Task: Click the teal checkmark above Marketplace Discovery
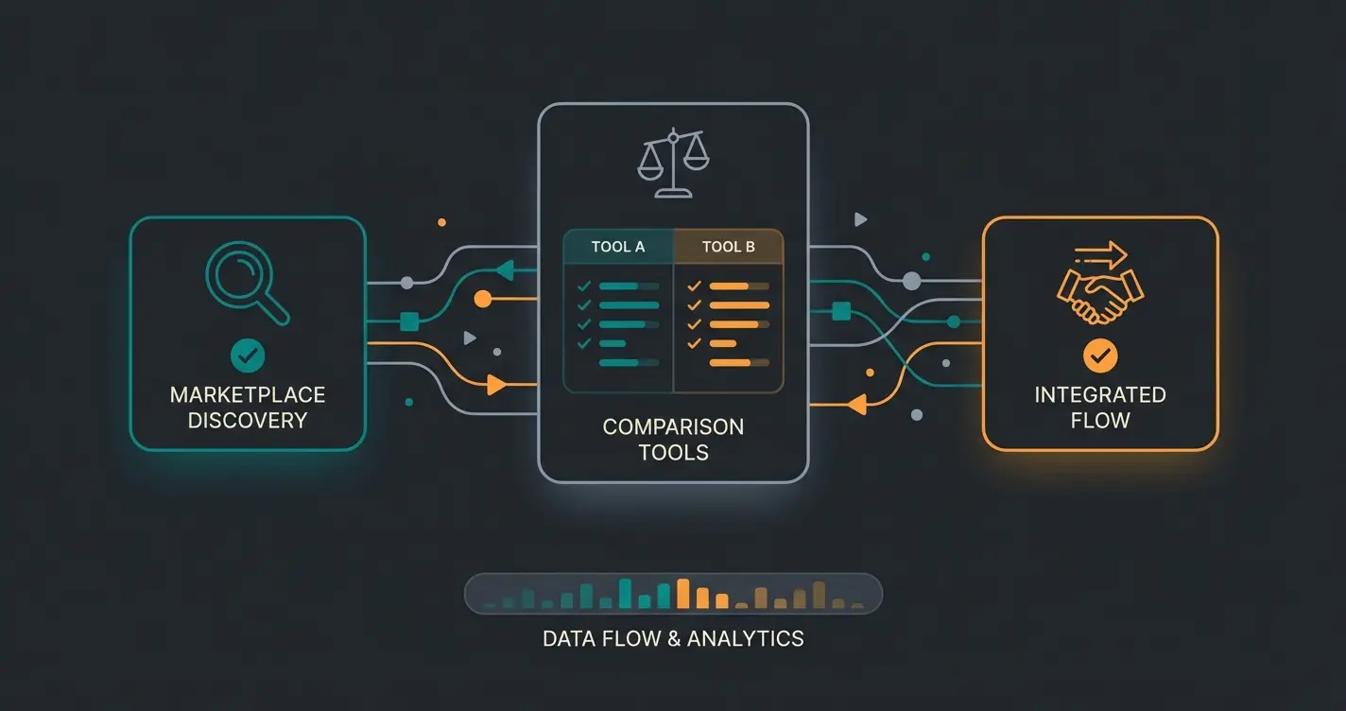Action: pyautogui.click(x=248, y=355)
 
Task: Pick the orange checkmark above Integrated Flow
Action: pyautogui.click(x=1100, y=355)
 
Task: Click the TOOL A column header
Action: pyautogui.click(x=618, y=247)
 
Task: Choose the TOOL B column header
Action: pyautogui.click(x=728, y=247)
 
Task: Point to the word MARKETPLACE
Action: pyautogui.click(x=248, y=394)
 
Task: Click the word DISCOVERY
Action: pyautogui.click(x=248, y=421)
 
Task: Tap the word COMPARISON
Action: pyautogui.click(x=673, y=426)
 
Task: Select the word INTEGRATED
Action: pyautogui.click(x=1100, y=394)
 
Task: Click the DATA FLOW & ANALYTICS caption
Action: pyautogui.click(x=673, y=638)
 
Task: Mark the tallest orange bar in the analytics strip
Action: pyautogui.click(x=682, y=593)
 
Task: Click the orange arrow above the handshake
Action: pyautogui.click(x=1101, y=254)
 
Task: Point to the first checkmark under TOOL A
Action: pyautogui.click(x=584, y=286)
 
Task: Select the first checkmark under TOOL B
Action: pyautogui.click(x=695, y=286)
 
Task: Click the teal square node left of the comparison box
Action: pyautogui.click(x=409, y=322)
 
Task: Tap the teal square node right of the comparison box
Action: pyautogui.click(x=838, y=309)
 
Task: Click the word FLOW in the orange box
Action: pyautogui.click(x=1100, y=421)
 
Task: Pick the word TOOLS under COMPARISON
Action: pyautogui.click(x=673, y=452)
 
